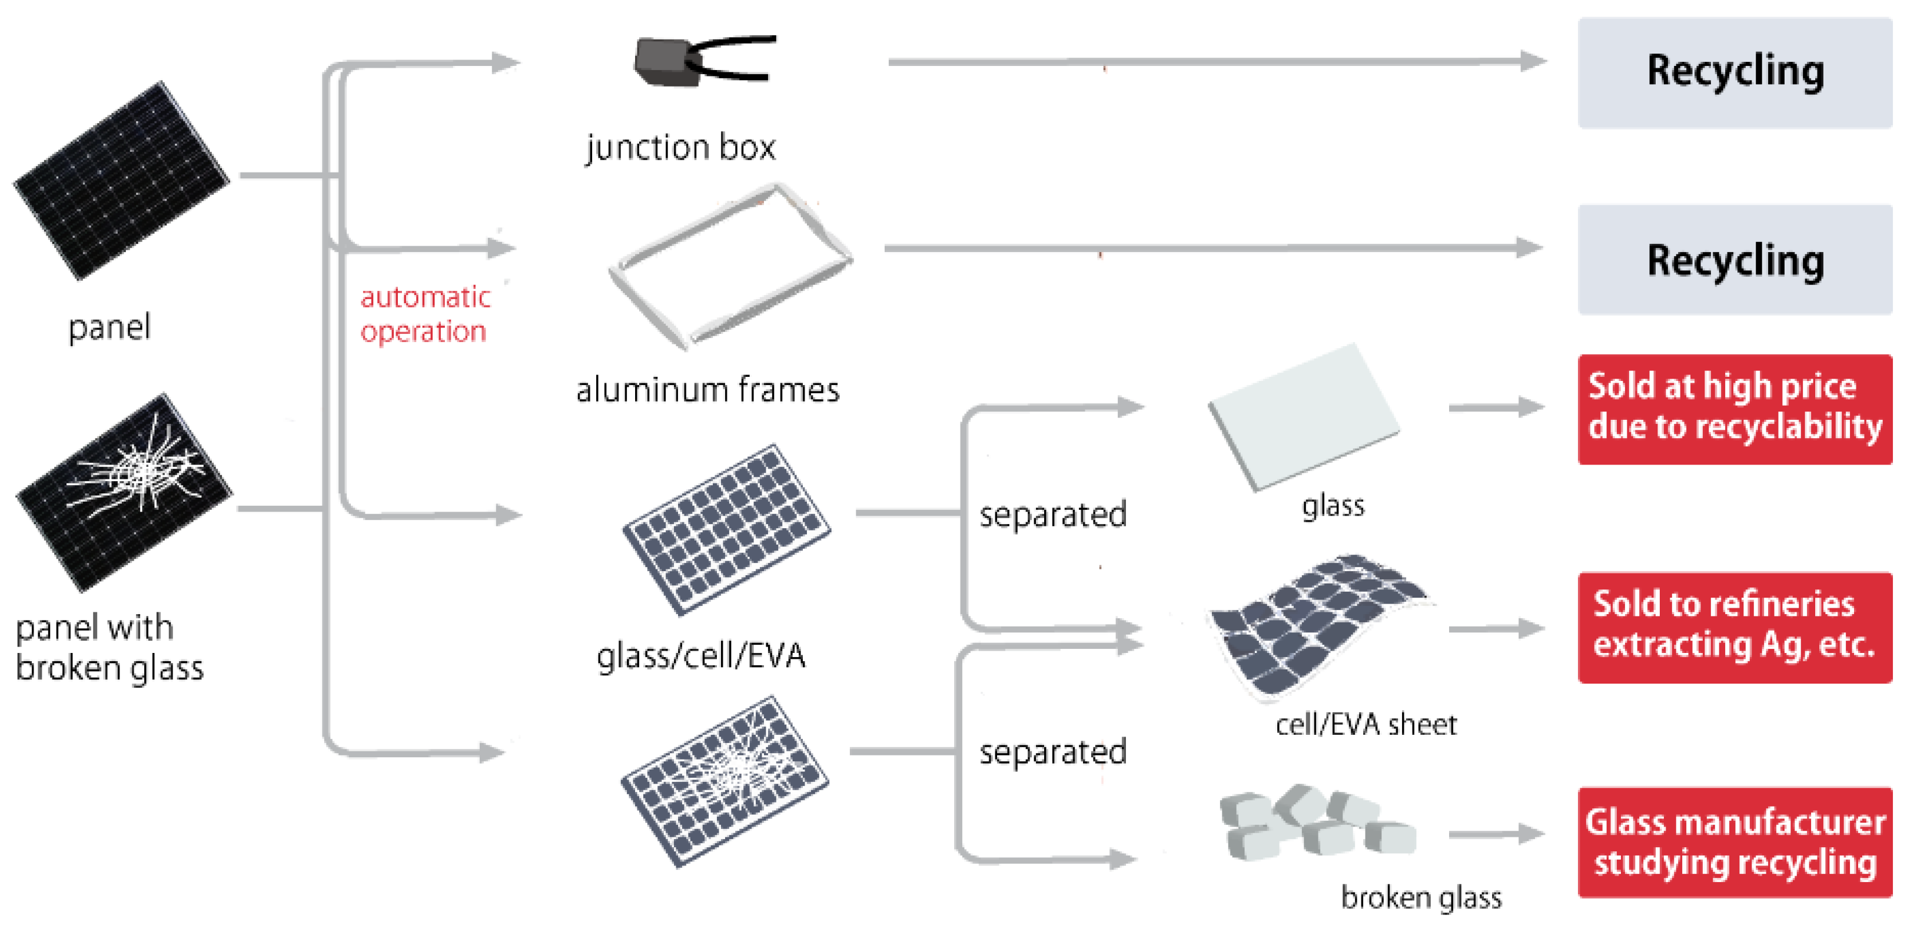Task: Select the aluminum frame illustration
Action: [x=729, y=267]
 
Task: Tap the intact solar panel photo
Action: [x=121, y=181]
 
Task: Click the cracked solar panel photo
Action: [x=123, y=492]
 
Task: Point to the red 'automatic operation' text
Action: [x=424, y=314]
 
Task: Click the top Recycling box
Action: [x=1734, y=72]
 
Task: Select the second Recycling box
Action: [x=1734, y=260]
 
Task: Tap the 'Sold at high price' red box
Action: [x=1734, y=409]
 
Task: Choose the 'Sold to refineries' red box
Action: [x=1734, y=626]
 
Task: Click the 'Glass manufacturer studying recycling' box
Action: [x=1734, y=842]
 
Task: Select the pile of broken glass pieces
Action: [x=1314, y=824]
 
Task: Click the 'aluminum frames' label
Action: [x=707, y=390]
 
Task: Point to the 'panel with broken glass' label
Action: [x=109, y=647]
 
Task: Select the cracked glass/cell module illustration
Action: [x=724, y=781]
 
